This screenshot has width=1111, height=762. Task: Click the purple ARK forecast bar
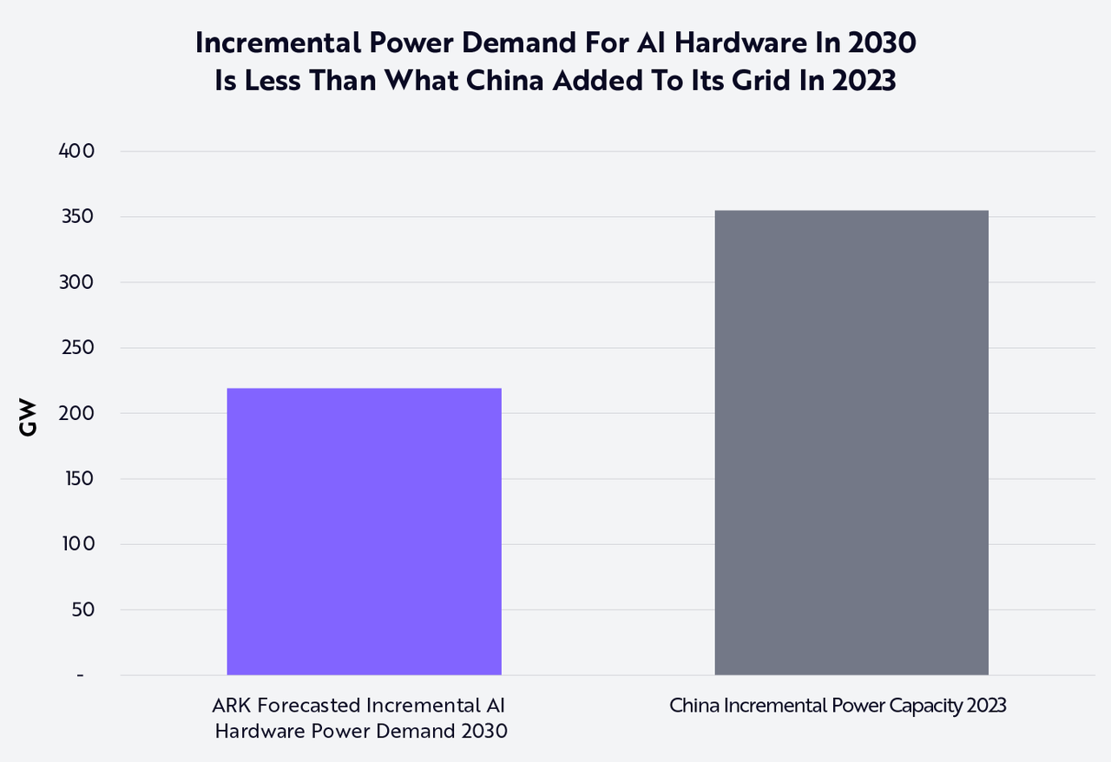364,531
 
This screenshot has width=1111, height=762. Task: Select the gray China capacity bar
851,443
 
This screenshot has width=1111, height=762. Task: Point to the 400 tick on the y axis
76,151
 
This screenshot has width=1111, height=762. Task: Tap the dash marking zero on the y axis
80,675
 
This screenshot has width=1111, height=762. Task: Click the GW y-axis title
29,417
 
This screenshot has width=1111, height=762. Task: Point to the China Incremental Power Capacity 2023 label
838,706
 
